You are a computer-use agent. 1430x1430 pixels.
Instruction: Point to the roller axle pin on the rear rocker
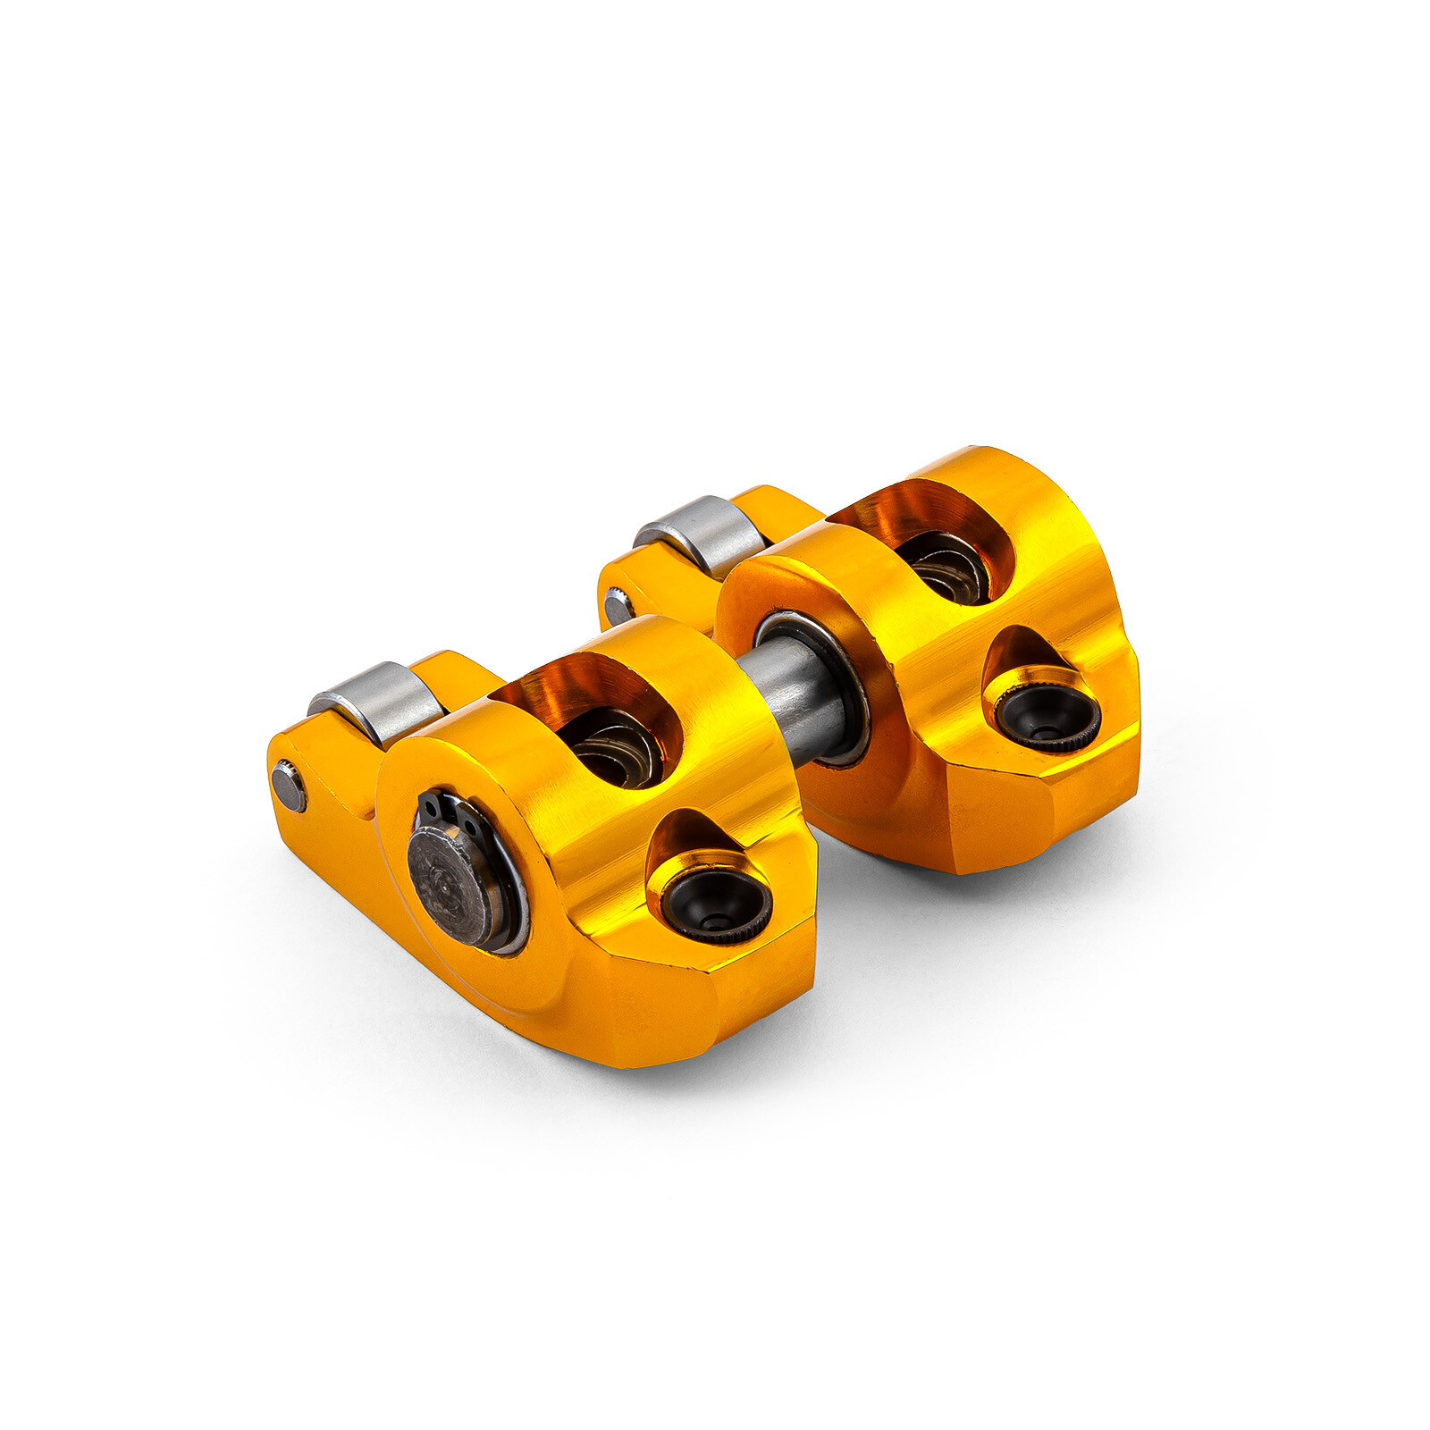pos(618,607)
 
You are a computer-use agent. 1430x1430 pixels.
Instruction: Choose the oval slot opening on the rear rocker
pos(929,536)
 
